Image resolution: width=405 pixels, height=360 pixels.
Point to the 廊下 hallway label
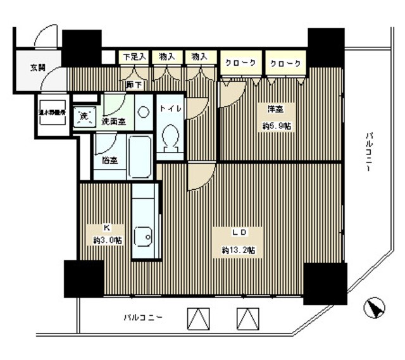(x=134, y=84)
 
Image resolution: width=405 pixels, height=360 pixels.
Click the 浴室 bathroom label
(x=109, y=160)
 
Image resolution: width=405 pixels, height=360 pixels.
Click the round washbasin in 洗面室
(x=144, y=111)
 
